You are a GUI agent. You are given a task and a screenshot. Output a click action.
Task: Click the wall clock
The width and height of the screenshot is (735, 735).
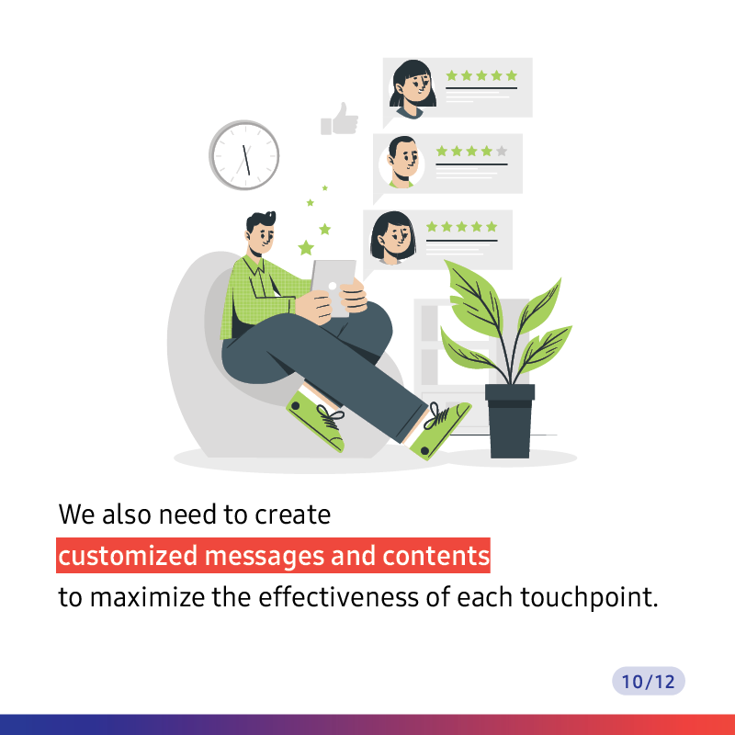243,155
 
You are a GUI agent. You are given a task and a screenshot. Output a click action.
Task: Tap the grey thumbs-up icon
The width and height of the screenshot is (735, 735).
339,119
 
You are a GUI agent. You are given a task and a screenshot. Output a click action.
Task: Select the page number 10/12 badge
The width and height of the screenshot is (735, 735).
649,681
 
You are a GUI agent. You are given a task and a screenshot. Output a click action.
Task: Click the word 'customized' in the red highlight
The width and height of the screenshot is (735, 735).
128,556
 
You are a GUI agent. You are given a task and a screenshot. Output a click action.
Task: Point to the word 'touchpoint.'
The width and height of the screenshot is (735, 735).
589,598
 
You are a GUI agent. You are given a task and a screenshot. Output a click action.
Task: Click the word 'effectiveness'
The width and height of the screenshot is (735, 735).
338,597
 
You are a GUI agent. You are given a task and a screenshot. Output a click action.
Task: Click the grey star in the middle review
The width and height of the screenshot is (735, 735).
502,151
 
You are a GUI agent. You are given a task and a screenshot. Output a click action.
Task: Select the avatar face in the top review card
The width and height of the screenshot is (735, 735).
413,89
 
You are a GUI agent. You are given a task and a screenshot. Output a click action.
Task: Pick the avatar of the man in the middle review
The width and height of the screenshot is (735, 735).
402,163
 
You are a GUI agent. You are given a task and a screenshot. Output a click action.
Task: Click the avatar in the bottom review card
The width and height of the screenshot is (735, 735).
393,238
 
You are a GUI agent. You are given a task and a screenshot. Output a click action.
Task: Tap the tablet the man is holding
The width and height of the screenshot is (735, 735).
334,287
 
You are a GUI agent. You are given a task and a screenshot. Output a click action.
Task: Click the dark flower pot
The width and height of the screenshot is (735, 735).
510,421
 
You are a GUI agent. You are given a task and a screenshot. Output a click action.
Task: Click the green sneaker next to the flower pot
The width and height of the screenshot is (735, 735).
440,429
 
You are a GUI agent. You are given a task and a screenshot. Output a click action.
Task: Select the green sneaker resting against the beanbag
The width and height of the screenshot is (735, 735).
316,420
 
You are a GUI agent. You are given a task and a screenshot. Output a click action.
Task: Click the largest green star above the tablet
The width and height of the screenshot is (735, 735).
306,247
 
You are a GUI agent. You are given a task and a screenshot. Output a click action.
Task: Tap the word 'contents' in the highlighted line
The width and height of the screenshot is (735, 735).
435,556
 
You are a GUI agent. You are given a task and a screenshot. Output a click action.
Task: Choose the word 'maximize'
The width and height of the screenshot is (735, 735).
147,597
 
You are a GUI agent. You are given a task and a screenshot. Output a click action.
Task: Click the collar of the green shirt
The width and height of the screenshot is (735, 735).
254,265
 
